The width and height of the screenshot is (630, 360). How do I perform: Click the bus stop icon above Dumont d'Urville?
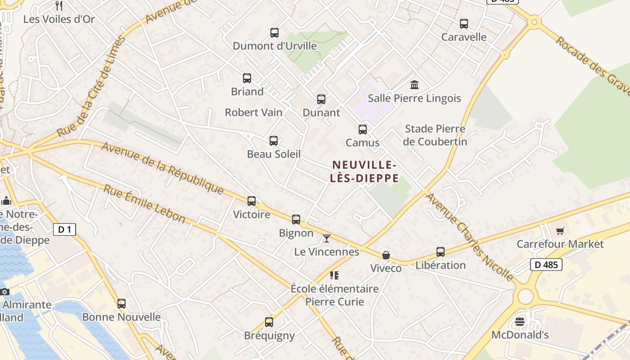tap(274, 32)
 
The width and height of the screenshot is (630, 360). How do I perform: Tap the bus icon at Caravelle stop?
tap(464, 24)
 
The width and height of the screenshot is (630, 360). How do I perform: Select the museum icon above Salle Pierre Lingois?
tap(414, 85)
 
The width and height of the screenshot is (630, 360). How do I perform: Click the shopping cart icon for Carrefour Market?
tap(560, 231)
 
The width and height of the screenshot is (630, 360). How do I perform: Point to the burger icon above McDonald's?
tap(520, 321)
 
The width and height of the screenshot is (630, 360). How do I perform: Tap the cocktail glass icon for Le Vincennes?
tap(327, 238)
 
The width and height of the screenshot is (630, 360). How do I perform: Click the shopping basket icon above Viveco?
tap(386, 255)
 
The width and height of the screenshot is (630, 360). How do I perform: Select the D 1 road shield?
tap(65, 229)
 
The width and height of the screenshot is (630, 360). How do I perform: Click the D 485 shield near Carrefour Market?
tap(547, 265)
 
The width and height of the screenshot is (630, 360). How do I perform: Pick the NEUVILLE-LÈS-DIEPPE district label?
tap(364, 171)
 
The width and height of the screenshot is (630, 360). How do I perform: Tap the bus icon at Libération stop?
tap(441, 252)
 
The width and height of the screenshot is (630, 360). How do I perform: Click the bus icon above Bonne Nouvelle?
tap(121, 304)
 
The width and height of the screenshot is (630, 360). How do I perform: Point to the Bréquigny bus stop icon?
tap(269, 322)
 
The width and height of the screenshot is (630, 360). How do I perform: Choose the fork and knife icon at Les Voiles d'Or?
tap(58, 6)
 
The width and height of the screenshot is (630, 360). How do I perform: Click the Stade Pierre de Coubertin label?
tap(435, 135)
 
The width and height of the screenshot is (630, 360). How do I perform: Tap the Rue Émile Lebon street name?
tap(144, 203)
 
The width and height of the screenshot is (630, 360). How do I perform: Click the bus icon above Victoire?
tap(252, 201)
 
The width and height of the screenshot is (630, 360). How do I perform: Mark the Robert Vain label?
tap(254, 112)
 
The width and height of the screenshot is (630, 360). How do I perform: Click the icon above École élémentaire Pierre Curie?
tap(334, 275)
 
